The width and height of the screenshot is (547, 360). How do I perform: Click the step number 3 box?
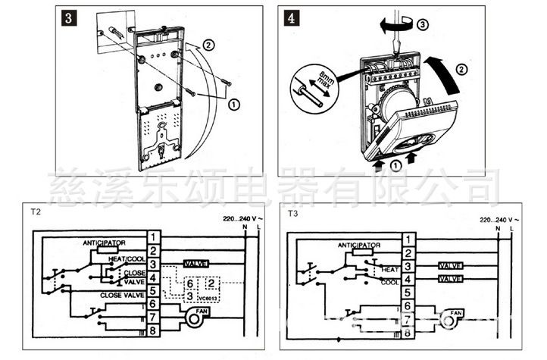click(x=68, y=17)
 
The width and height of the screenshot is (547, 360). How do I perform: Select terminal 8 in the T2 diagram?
click(x=153, y=330)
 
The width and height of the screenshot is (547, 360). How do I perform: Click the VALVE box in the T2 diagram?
click(x=195, y=265)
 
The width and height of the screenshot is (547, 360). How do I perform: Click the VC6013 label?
click(x=207, y=299)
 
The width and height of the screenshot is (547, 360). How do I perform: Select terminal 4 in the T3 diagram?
click(x=408, y=280)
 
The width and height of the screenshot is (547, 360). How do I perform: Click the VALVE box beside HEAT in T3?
click(x=452, y=267)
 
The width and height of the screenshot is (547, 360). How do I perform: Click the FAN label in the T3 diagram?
click(x=456, y=312)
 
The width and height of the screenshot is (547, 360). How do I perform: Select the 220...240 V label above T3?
click(x=495, y=219)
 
